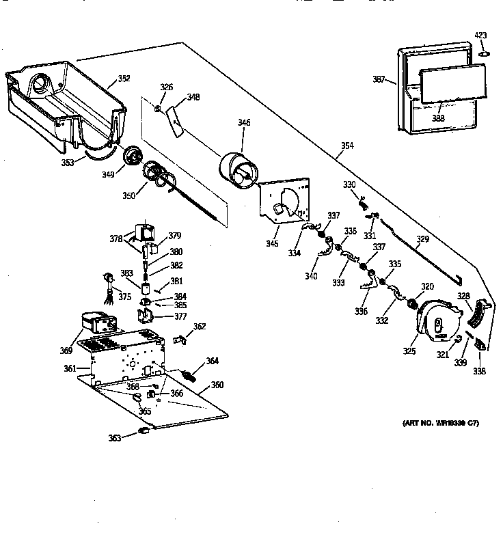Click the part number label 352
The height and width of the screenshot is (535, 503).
pyautogui.click(x=124, y=79)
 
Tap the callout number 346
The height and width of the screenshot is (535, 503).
pyautogui.click(x=244, y=123)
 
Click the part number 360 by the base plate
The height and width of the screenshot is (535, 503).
pyautogui.click(x=217, y=385)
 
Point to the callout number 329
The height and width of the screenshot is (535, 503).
pyautogui.click(x=423, y=239)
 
